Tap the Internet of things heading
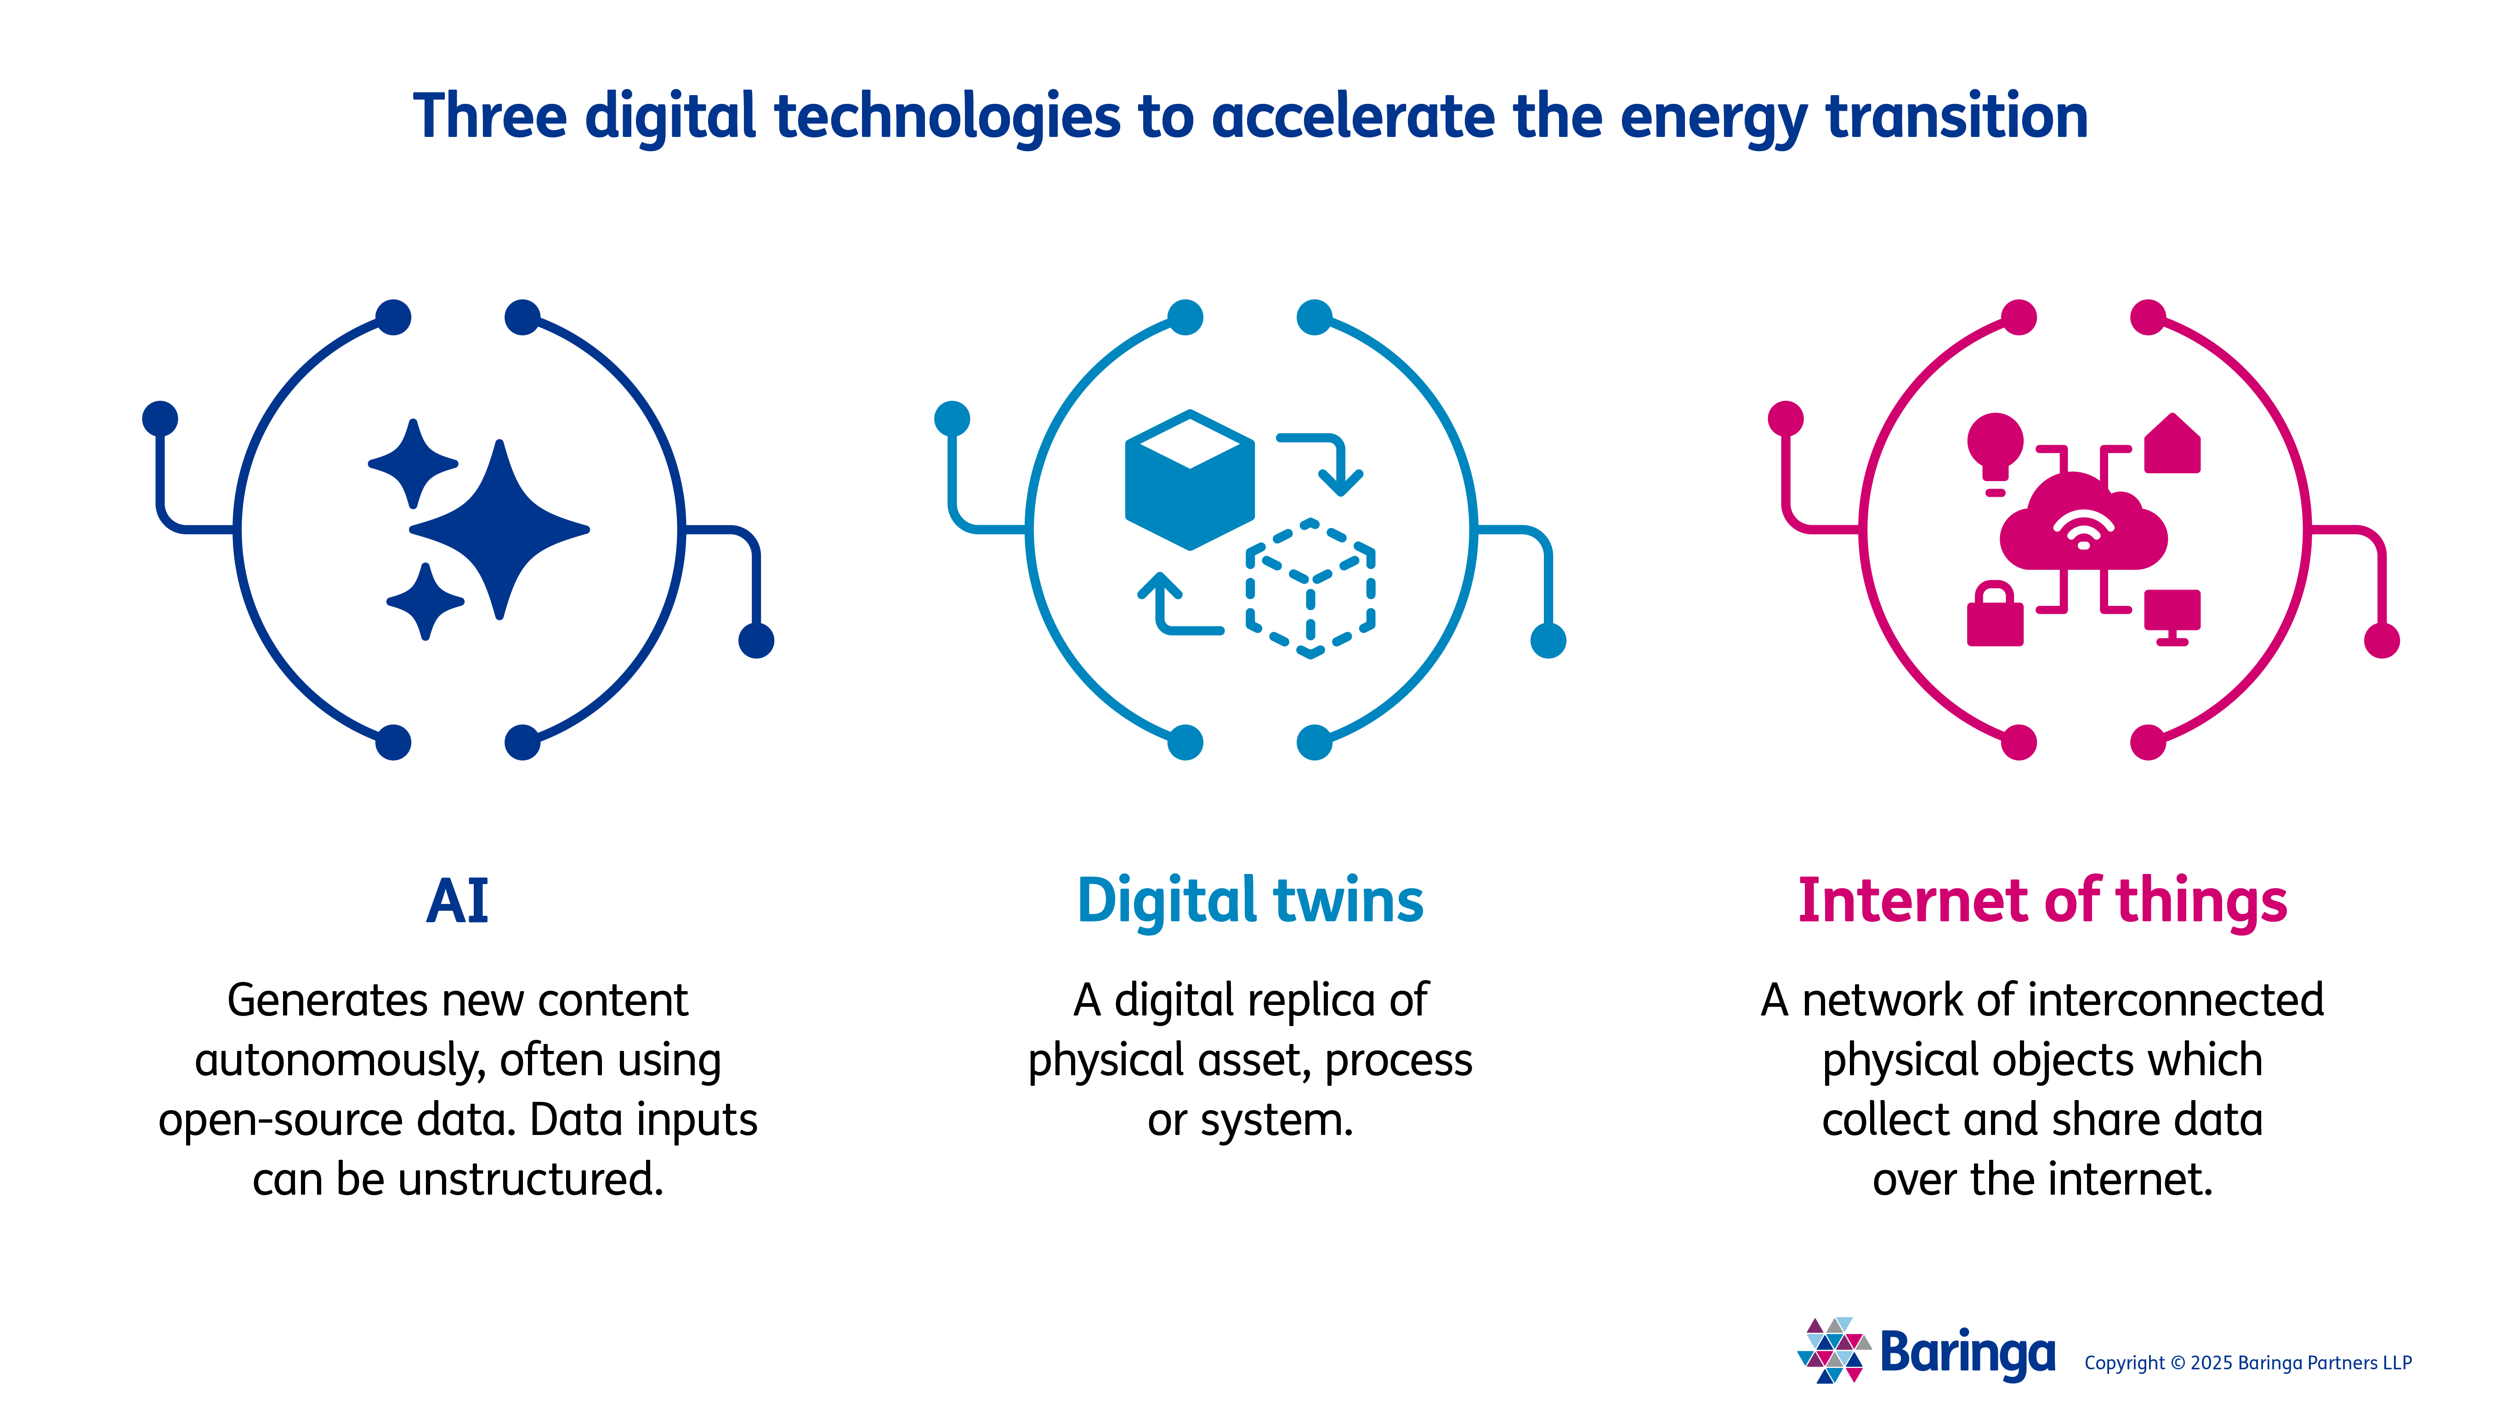2043,901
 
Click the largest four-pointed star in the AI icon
499,529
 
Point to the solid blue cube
1189,480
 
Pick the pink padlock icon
1995,614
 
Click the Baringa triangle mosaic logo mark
1833,1350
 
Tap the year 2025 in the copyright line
2212,1363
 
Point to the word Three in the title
490,115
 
